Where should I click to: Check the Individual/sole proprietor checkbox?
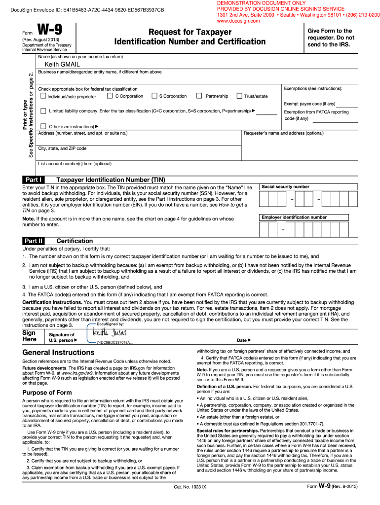[43, 96]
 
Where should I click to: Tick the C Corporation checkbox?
[110, 96]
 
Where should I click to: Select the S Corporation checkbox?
[154, 96]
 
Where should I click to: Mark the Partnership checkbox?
[199, 96]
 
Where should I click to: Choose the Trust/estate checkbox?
[240, 96]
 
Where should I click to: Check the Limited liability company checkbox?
[43, 111]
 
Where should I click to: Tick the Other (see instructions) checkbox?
[43, 126]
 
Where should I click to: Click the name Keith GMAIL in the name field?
[62, 65]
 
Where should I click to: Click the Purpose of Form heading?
[47, 393]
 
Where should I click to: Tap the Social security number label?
[285, 187]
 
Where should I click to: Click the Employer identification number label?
[294, 217]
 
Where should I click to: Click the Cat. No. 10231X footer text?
[190, 500]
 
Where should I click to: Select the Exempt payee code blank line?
[347, 105]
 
